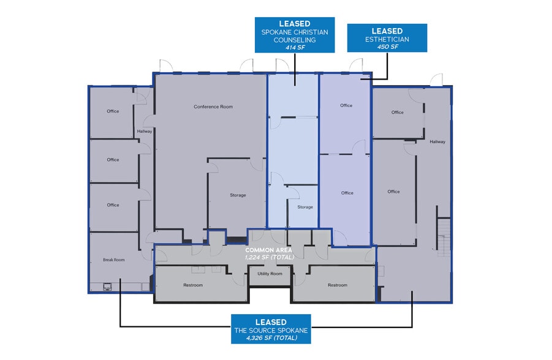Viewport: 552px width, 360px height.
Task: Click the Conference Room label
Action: (213, 107)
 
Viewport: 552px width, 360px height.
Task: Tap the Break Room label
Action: (113, 260)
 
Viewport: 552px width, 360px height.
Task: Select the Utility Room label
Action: (270, 274)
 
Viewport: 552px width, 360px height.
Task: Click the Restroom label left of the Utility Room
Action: (193, 285)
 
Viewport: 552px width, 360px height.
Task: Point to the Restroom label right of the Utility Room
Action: (337, 285)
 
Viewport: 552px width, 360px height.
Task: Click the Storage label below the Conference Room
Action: (238, 195)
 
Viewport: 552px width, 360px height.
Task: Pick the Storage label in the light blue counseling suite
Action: (305, 207)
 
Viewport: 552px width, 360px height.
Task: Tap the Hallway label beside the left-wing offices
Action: (145, 131)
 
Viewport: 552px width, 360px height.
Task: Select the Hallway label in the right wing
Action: (437, 142)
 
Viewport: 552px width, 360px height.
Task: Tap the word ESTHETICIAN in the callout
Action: (387, 39)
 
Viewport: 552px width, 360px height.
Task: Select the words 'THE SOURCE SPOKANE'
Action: (270, 330)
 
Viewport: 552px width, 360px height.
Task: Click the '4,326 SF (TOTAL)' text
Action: (270, 338)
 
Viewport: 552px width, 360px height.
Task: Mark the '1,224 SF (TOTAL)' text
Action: (270, 257)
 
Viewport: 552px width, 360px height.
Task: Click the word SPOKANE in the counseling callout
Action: (278, 32)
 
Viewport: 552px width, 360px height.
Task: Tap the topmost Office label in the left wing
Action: (113, 111)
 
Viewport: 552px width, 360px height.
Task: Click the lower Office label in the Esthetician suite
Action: (347, 193)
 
